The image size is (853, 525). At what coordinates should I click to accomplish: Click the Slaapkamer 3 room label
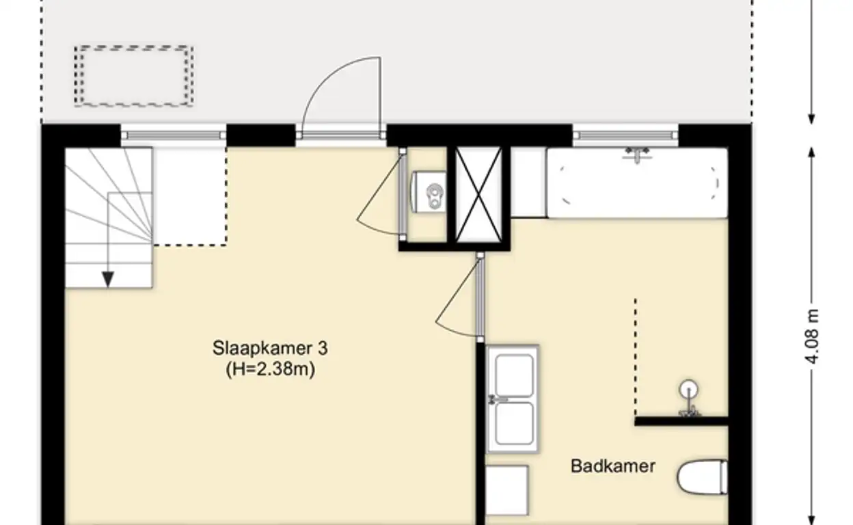point(270,348)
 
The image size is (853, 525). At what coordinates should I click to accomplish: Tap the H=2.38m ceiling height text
point(271,368)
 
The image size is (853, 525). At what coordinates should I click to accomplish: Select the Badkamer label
point(613,466)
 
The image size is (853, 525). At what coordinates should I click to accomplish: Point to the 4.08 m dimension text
point(812,336)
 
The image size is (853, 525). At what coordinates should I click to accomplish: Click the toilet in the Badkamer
point(703,477)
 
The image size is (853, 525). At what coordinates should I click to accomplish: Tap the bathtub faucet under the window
point(637,154)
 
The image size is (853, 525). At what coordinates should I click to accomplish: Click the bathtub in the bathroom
point(638,183)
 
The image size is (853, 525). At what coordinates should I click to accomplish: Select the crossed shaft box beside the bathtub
point(478,195)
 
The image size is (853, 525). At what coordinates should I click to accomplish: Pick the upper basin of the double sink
point(515,376)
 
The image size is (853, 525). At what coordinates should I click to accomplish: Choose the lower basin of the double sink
point(515,423)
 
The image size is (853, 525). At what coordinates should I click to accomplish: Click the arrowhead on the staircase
point(108,280)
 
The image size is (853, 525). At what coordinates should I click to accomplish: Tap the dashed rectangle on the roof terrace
point(134,76)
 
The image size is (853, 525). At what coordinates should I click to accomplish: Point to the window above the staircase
point(174,135)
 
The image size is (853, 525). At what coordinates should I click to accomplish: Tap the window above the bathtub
point(625,135)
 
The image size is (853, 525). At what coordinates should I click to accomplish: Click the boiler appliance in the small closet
point(429,192)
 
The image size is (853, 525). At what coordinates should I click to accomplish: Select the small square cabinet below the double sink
point(507,489)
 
